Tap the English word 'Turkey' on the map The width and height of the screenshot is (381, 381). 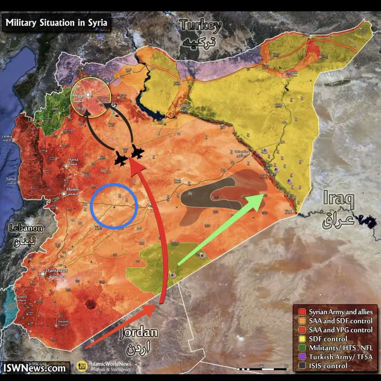pos(200,25)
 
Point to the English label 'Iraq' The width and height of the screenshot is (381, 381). pos(338,199)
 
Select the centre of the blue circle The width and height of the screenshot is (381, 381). pos(114,207)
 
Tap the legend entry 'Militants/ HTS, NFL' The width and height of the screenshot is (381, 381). pos(336,348)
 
